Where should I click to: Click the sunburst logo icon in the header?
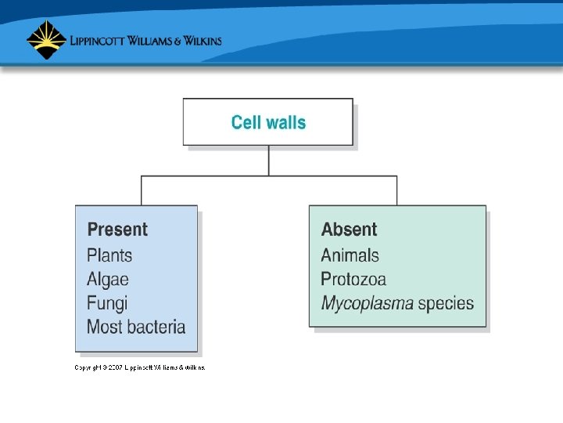coord(45,39)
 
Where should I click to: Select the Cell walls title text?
coord(268,122)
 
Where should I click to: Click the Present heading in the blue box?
coord(117,230)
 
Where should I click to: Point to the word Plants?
coord(109,255)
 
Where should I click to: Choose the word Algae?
coord(108,279)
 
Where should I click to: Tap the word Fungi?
coord(107,303)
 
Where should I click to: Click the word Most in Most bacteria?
coord(104,327)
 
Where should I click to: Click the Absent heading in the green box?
coord(349,230)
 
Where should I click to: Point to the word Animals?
coord(350,255)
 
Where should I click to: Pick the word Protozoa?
coord(353,279)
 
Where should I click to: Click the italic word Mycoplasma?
coord(367,303)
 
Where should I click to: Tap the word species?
coord(446,303)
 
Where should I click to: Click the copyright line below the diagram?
coord(140,367)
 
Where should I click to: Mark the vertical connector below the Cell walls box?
coord(269,161)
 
